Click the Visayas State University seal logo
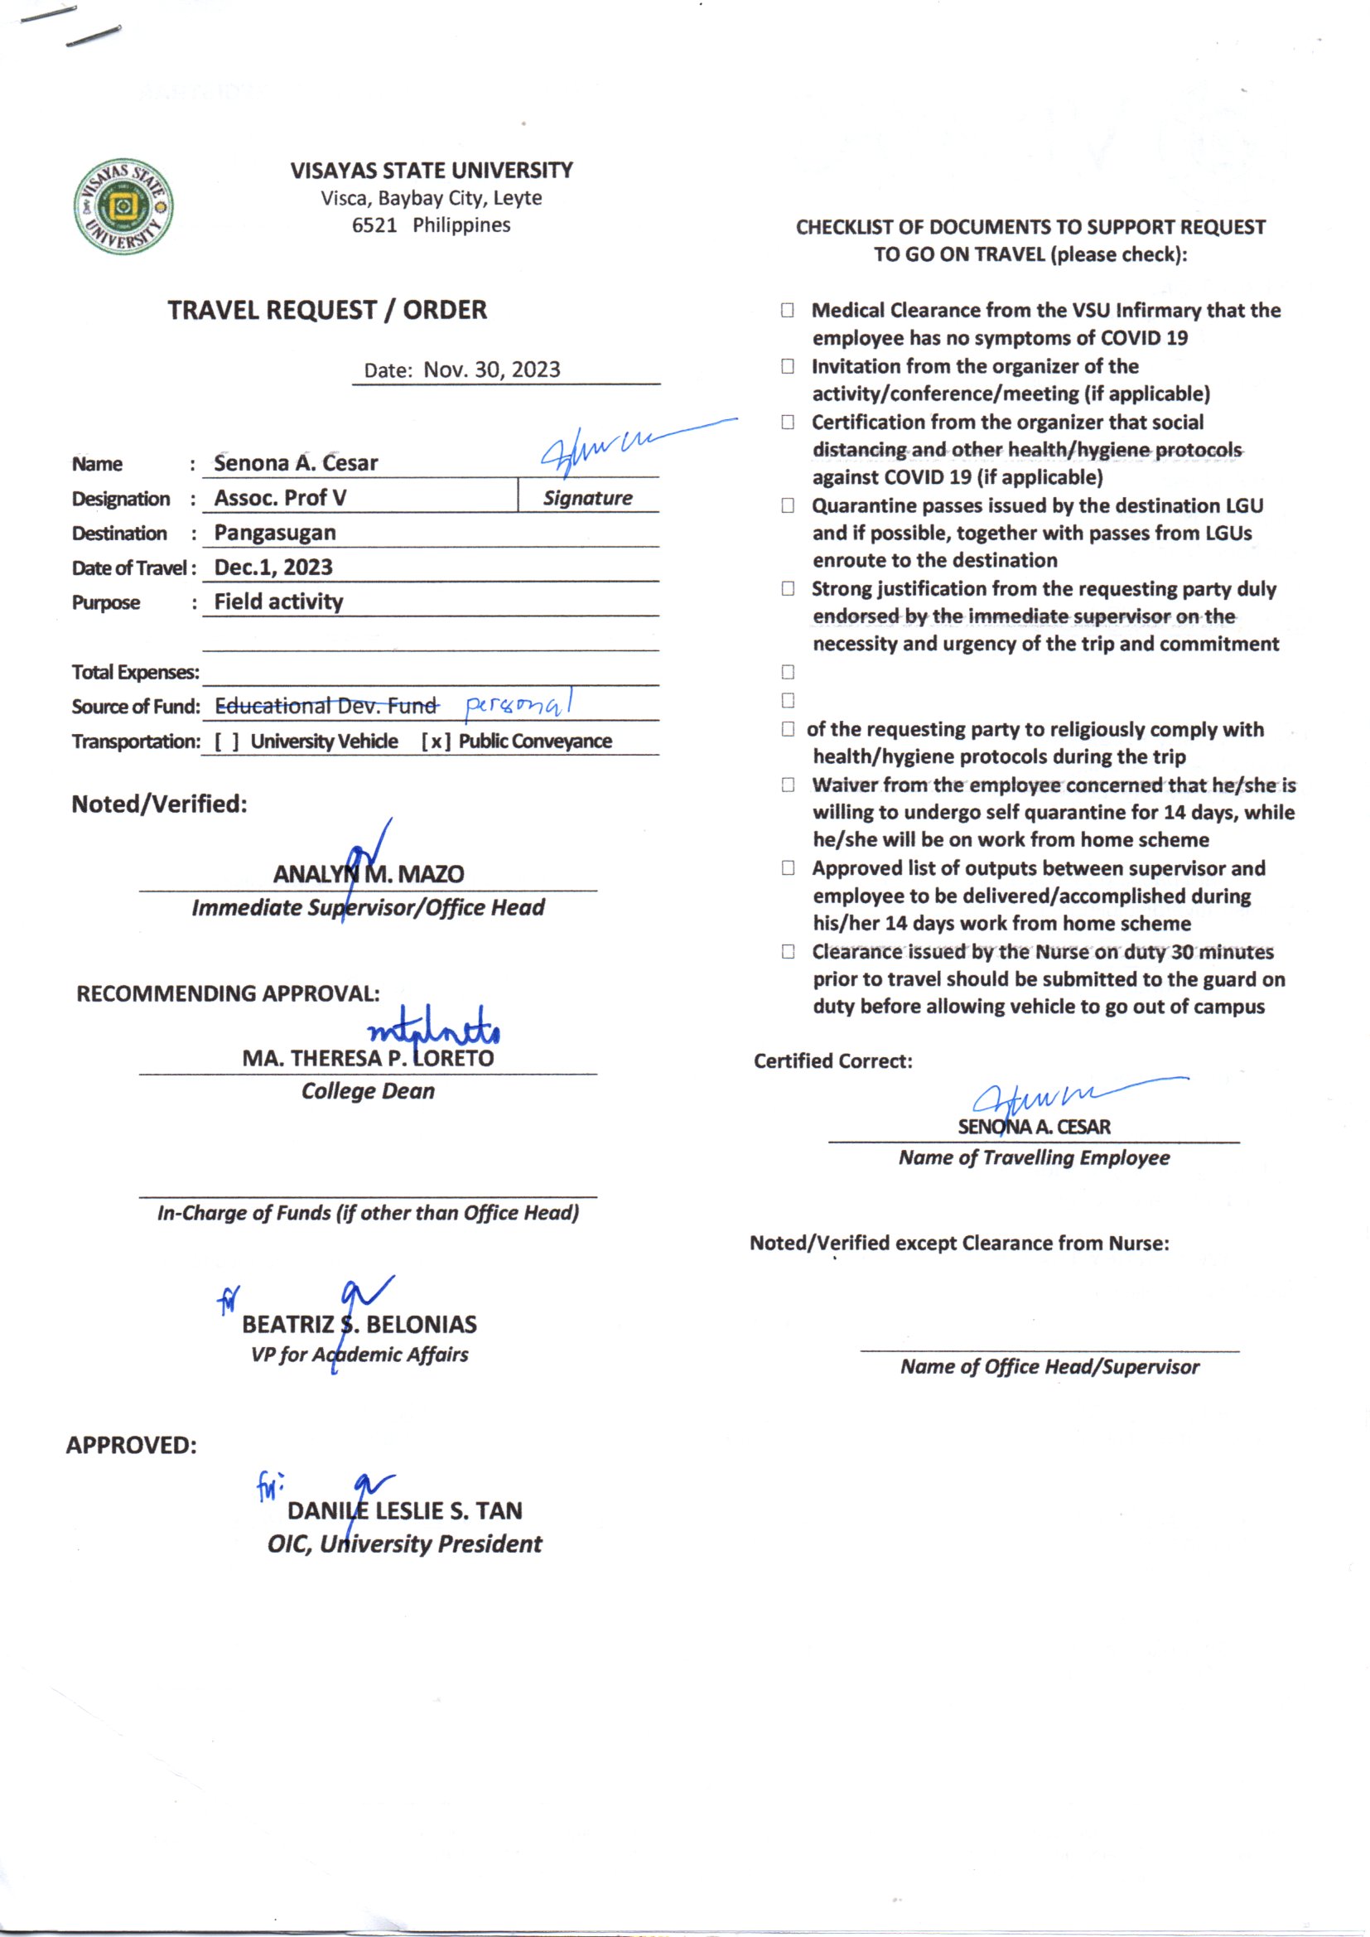(x=123, y=206)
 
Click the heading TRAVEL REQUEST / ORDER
(x=326, y=311)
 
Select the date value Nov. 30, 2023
(x=491, y=370)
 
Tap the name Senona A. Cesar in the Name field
(x=295, y=463)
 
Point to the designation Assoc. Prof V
(x=280, y=498)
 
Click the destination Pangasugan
(x=275, y=534)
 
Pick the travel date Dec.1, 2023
(x=273, y=567)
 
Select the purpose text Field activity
(x=278, y=601)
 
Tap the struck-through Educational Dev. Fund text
(x=326, y=705)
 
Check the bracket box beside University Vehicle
(x=226, y=741)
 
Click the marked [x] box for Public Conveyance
(x=436, y=741)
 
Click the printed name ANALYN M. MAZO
(x=368, y=874)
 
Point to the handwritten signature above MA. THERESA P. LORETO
(x=433, y=1028)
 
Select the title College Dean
(x=368, y=1091)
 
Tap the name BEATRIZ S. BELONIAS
(x=359, y=1325)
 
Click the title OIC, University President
(x=404, y=1543)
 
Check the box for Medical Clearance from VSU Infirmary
(x=787, y=311)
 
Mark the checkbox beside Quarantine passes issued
(x=787, y=505)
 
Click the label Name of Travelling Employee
(x=1034, y=1157)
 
